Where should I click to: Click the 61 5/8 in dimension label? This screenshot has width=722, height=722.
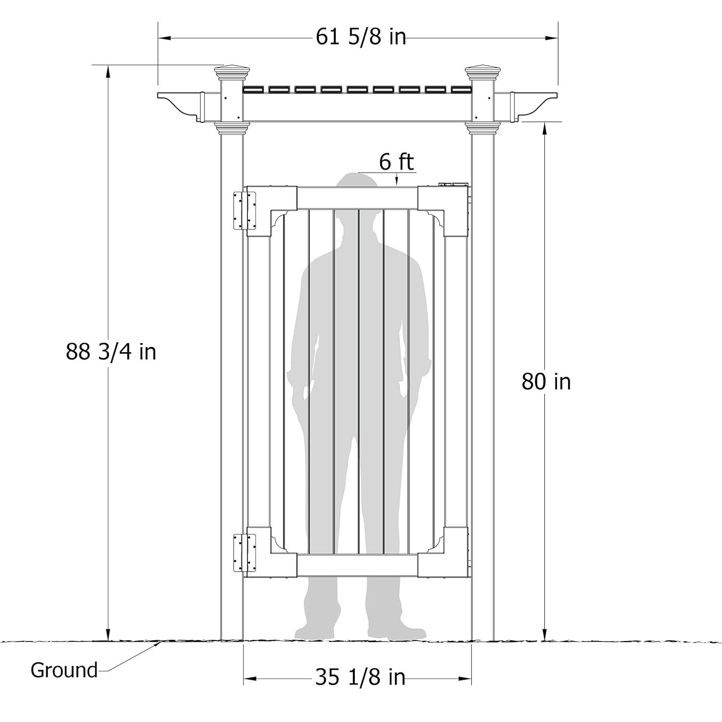(361, 37)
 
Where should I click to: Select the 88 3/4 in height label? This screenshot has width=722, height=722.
(111, 352)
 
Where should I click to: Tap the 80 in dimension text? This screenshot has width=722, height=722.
(546, 382)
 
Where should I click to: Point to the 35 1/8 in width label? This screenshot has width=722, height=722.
(360, 677)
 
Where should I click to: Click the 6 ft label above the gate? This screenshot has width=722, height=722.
(396, 162)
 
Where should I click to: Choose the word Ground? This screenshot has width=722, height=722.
(64, 670)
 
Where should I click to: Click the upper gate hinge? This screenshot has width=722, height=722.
(245, 210)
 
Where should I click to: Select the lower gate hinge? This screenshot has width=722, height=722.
(245, 552)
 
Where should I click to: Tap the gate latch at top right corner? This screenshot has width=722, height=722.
(453, 184)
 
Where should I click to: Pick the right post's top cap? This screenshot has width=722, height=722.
(483, 73)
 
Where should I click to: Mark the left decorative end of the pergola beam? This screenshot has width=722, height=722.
(180, 104)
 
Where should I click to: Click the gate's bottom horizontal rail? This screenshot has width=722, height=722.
(357, 564)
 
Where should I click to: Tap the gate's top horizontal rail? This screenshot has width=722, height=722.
(357, 198)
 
